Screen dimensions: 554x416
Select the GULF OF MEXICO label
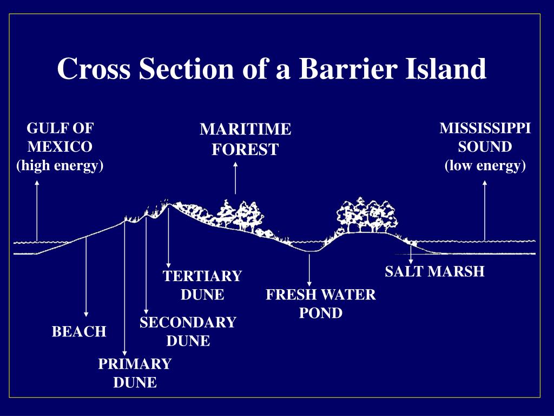coord(60,138)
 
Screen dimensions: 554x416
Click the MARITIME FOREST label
coord(245,139)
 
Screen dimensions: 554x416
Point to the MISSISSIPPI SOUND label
coord(485,138)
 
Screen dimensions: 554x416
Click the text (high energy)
coord(60,165)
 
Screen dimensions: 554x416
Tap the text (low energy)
coord(485,165)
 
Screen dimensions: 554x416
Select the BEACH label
coord(79,331)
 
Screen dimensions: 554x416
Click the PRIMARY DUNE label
coord(135,373)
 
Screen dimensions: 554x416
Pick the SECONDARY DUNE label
coord(188,331)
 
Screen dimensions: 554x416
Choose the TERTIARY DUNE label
coord(202,285)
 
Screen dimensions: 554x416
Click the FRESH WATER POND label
coord(321,304)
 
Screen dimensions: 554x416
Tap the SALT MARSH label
coord(434,271)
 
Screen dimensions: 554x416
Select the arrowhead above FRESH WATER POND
coord(309,282)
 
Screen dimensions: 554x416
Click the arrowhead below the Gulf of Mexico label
coord(37,183)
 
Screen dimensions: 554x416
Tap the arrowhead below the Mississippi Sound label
coord(485,183)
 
